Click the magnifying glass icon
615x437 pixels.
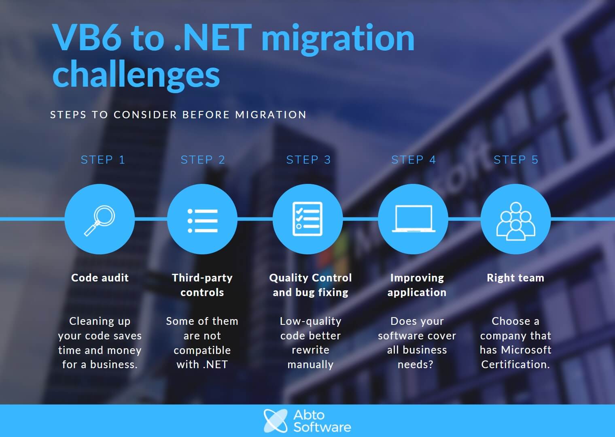tap(100, 220)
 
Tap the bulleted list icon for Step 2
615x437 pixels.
tap(202, 221)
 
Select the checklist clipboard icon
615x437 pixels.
tap(307, 219)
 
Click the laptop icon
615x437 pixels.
tap(414, 219)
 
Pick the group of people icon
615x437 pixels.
tap(515, 221)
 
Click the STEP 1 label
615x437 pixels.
tap(103, 160)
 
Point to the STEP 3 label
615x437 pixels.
tap(308, 160)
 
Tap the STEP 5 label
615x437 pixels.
tap(516, 160)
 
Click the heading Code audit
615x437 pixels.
tap(100, 277)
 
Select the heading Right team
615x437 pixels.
tap(515, 277)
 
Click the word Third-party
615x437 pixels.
tap(202, 278)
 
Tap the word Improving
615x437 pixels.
tap(417, 278)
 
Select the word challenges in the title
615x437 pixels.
tap(136, 74)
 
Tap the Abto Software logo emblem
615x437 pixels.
tap(276, 421)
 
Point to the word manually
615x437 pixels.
tap(310, 365)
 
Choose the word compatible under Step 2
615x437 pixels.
tap(202, 350)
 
